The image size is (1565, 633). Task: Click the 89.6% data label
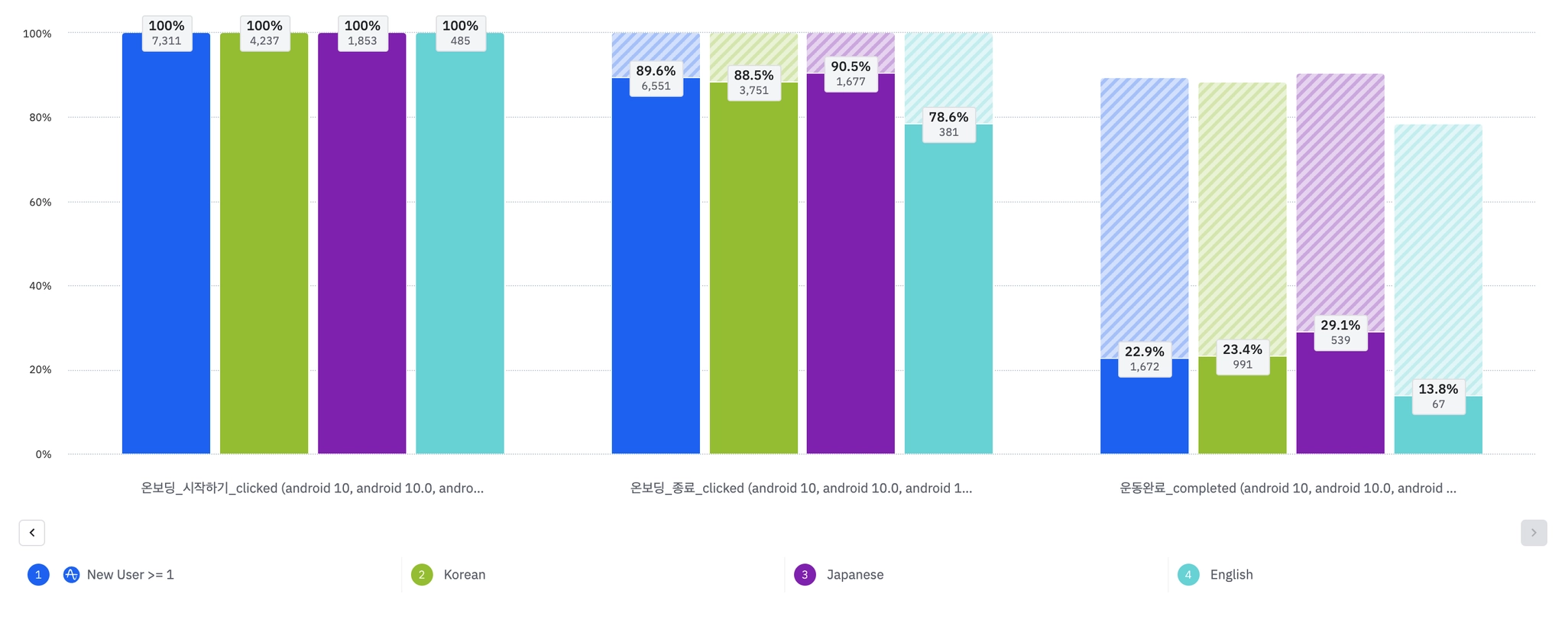pos(656,78)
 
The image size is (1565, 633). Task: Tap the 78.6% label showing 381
pos(948,124)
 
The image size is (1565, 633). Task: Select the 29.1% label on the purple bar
pos(1340,333)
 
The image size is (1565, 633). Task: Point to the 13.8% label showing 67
pos(1438,396)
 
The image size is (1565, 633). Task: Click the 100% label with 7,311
pos(167,33)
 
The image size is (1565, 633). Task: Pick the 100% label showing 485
pos(460,33)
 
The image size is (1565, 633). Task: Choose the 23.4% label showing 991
pos(1243,356)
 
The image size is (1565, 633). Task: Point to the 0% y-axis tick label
pos(44,454)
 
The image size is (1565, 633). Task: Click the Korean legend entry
pos(464,575)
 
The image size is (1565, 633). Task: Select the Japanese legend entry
pos(854,575)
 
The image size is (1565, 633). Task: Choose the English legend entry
pos(1231,575)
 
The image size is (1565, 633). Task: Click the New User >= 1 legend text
pos(130,575)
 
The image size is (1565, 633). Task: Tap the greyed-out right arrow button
pos(1533,533)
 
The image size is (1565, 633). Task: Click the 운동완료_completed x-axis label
pos(1288,488)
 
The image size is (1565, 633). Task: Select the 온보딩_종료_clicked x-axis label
pos(801,488)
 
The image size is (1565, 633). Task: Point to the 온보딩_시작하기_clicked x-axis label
pos(312,488)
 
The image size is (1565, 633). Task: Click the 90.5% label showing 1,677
pos(851,73)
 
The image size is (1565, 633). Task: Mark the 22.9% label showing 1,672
pos(1144,359)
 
